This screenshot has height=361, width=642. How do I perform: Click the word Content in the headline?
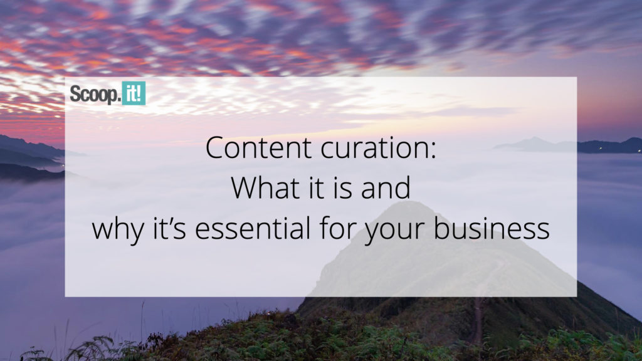click(x=258, y=148)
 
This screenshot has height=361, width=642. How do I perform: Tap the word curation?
click(x=374, y=148)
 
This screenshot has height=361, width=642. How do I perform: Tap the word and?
click(x=386, y=187)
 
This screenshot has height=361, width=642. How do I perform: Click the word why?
click(x=118, y=230)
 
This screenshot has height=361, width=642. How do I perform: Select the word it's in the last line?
click(x=169, y=228)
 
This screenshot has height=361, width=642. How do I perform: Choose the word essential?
click(x=253, y=228)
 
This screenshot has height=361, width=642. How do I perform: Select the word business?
click(x=492, y=228)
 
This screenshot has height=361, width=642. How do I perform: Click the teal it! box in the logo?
click(x=134, y=93)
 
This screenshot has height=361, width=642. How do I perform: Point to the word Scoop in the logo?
click(x=94, y=95)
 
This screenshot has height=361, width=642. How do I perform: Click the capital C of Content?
click(x=214, y=148)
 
